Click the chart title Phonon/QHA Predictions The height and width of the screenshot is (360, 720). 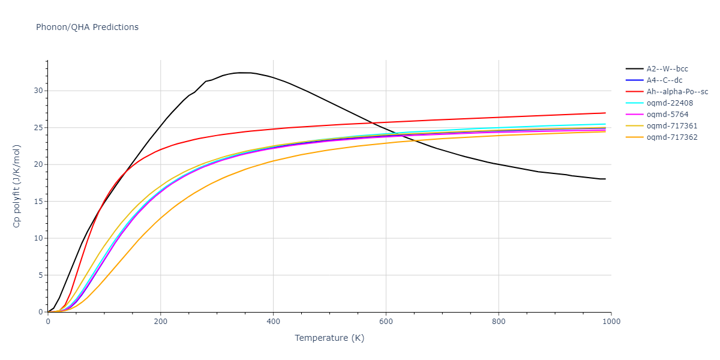pos(87,27)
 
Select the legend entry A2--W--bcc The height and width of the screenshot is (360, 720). pos(667,69)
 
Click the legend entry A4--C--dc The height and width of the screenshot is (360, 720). pos(664,80)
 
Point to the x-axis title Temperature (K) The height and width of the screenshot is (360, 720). pos(329,338)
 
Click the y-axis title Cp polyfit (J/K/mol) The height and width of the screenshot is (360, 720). pos(19,186)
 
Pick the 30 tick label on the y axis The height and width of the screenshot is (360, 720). pos(39,91)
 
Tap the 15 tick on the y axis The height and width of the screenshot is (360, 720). pos(39,201)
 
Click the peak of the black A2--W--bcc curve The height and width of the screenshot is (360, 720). pos(240,73)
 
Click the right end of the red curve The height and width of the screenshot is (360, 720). pos(605,113)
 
